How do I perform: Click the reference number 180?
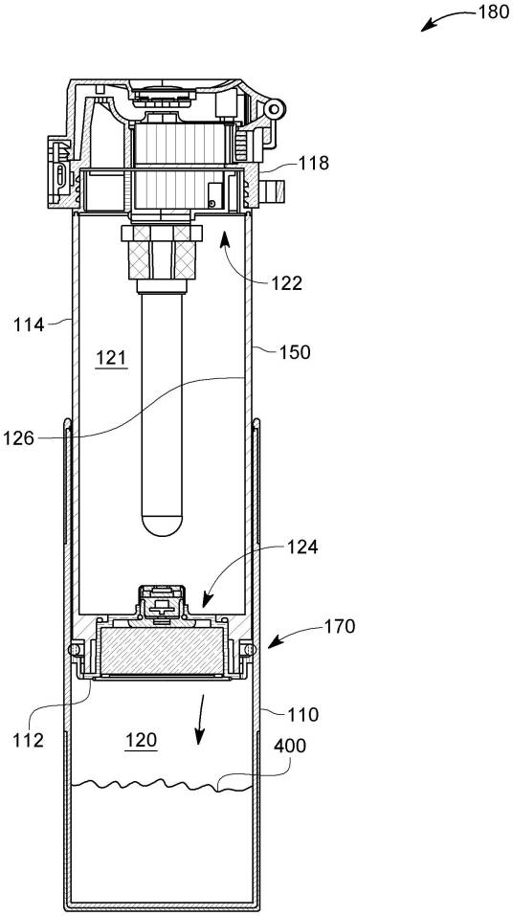[493, 12]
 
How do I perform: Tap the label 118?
[313, 164]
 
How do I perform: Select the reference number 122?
[287, 283]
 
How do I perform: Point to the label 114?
[30, 324]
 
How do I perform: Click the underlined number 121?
[111, 358]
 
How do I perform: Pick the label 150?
[296, 352]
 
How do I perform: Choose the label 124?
[302, 547]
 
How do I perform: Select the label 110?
[302, 714]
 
